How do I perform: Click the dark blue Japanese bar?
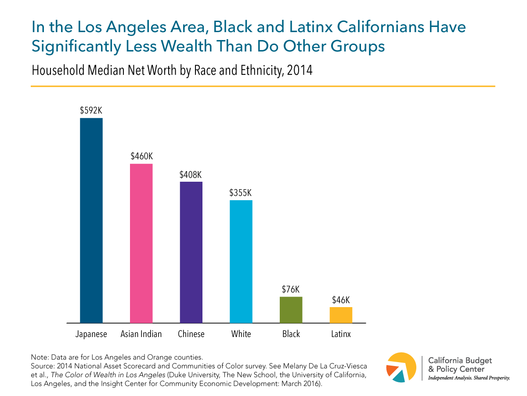[x=91, y=220]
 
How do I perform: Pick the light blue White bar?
[x=241, y=262]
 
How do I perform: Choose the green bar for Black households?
[x=291, y=310]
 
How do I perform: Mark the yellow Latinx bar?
[x=341, y=315]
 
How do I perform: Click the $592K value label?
[x=91, y=110]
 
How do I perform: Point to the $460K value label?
[x=141, y=156]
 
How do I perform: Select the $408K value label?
[x=191, y=174]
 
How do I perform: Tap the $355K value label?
[x=241, y=193]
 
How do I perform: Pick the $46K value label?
[x=341, y=300]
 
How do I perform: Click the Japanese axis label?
[x=91, y=334]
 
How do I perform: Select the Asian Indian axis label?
[x=141, y=334]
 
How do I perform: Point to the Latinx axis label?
[x=341, y=334]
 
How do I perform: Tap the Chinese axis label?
[x=191, y=334]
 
